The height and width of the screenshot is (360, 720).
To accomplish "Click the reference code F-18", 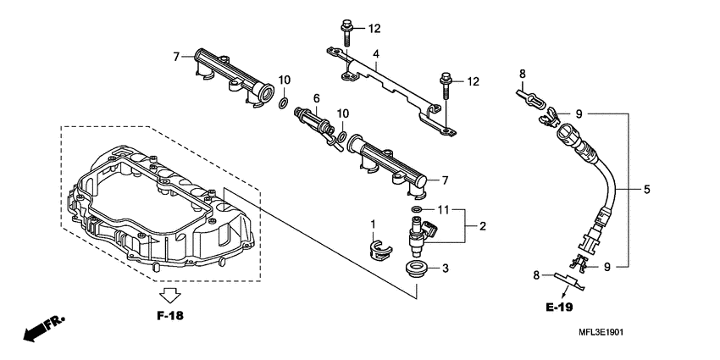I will coord(170,315).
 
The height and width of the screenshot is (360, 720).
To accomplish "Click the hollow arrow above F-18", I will coord(170,295).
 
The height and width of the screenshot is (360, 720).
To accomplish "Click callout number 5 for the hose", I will coord(646,190).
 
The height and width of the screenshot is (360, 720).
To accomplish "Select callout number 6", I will coord(316,98).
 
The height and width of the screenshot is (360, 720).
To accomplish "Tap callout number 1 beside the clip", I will coord(372,223).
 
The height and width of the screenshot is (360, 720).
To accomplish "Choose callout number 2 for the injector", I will coord(482,226).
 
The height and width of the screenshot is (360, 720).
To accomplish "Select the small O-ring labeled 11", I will coord(418,208).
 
